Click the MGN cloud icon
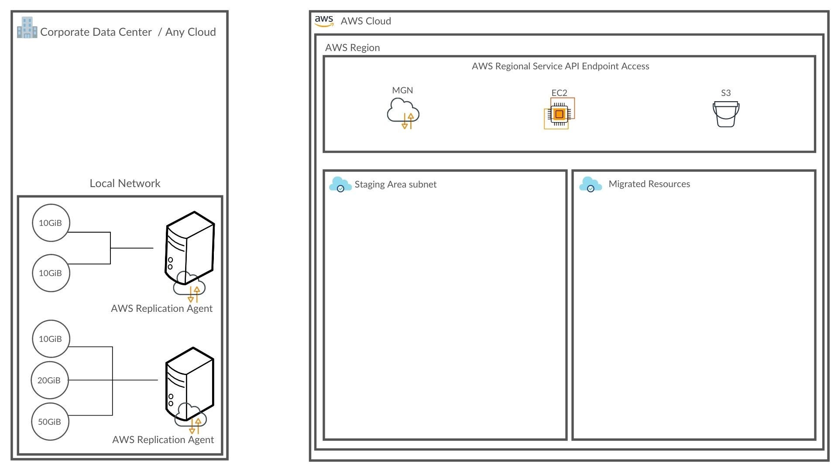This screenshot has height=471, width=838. click(x=403, y=113)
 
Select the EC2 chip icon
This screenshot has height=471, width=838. click(x=559, y=114)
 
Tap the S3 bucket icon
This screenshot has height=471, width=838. click(x=726, y=114)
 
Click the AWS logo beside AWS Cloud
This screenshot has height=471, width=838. click(x=324, y=21)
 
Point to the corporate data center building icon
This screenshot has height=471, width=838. click(x=27, y=27)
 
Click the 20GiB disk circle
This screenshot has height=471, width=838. click(x=49, y=380)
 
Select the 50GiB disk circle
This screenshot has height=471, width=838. click(x=50, y=422)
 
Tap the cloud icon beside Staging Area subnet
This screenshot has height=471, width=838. click(x=340, y=184)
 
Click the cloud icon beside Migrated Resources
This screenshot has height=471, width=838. click(x=591, y=184)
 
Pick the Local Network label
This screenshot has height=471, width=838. click(x=125, y=183)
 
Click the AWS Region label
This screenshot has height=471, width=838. click(x=352, y=48)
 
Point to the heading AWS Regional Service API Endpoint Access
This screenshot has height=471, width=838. click(x=560, y=66)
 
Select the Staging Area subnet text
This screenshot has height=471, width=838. click(x=395, y=184)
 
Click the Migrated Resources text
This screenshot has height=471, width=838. click(x=649, y=184)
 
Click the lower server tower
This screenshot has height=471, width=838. click(x=189, y=384)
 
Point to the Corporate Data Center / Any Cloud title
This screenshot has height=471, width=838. click(x=128, y=32)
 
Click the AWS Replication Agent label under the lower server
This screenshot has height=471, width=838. click(x=163, y=440)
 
